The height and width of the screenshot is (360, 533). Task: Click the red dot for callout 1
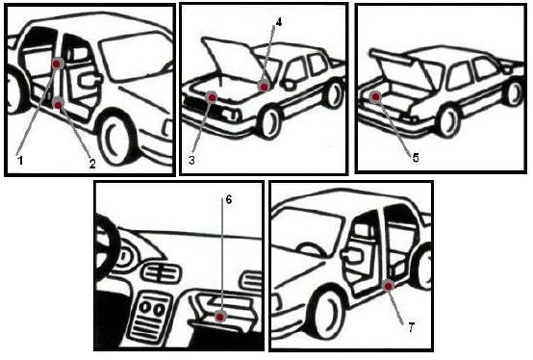point(58,64)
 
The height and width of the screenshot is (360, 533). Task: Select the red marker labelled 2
point(59,105)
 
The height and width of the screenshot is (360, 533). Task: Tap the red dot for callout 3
point(212,98)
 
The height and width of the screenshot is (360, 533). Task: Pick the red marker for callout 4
point(265,87)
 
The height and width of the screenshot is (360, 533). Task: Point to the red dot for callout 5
point(375,97)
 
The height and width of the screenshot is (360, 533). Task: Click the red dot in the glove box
point(220,318)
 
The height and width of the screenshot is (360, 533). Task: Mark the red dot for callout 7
point(388,286)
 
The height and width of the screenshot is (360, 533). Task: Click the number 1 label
point(20,160)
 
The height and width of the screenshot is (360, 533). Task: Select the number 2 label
point(92,164)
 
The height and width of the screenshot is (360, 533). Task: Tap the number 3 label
point(191,160)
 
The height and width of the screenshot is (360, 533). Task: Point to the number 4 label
point(278,22)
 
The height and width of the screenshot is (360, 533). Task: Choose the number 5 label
point(416,158)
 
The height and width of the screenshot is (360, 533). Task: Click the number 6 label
point(228,200)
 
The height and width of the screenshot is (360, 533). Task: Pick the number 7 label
point(412,327)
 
